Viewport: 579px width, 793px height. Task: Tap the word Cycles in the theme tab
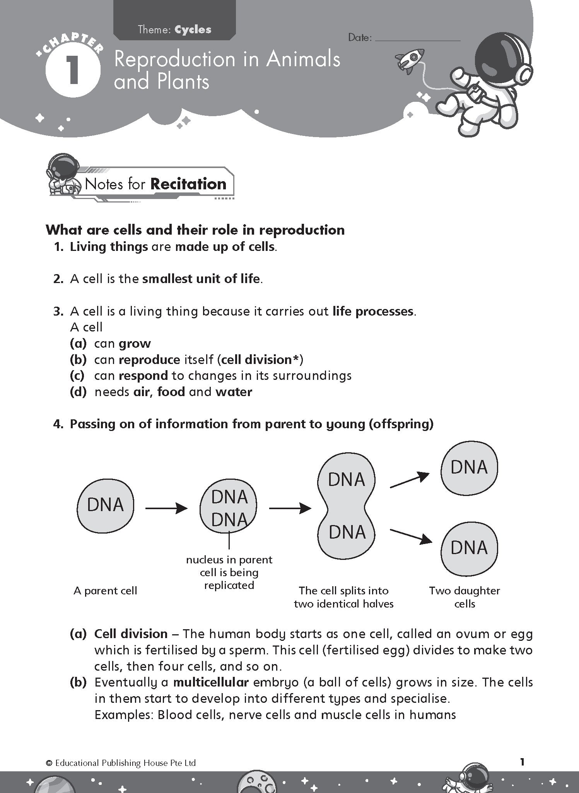coord(193,30)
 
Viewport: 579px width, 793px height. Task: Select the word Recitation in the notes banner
coord(188,184)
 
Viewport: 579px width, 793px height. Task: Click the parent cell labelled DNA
coord(106,505)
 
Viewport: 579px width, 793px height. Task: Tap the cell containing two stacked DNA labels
coord(229,508)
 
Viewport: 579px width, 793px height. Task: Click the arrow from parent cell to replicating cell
coord(166,508)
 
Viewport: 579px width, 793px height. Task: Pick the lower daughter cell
coord(469,548)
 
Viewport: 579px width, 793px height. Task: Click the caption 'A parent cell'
coord(105,590)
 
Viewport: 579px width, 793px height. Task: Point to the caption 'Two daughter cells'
coord(465,597)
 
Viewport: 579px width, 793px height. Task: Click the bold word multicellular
coord(211,682)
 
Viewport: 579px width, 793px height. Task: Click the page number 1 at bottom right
coord(522,762)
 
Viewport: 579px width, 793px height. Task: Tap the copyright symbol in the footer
coord(49,763)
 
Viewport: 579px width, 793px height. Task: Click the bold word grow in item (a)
coord(135,343)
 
